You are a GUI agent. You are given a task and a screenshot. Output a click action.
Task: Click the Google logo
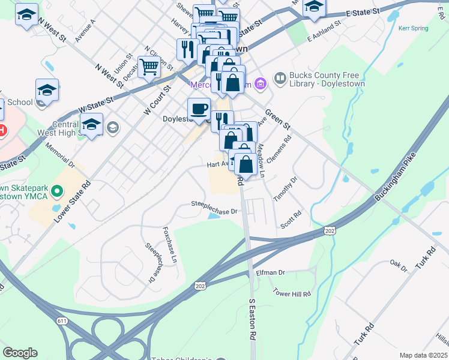(20, 353)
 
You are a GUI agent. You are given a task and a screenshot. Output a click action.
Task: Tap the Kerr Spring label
(414, 28)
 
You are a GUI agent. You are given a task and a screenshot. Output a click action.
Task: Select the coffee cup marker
(199, 109)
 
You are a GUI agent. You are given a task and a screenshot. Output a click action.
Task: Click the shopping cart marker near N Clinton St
(149, 67)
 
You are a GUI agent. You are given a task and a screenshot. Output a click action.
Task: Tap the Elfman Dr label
(270, 272)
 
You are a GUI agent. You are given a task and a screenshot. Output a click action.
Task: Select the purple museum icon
(260, 83)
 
